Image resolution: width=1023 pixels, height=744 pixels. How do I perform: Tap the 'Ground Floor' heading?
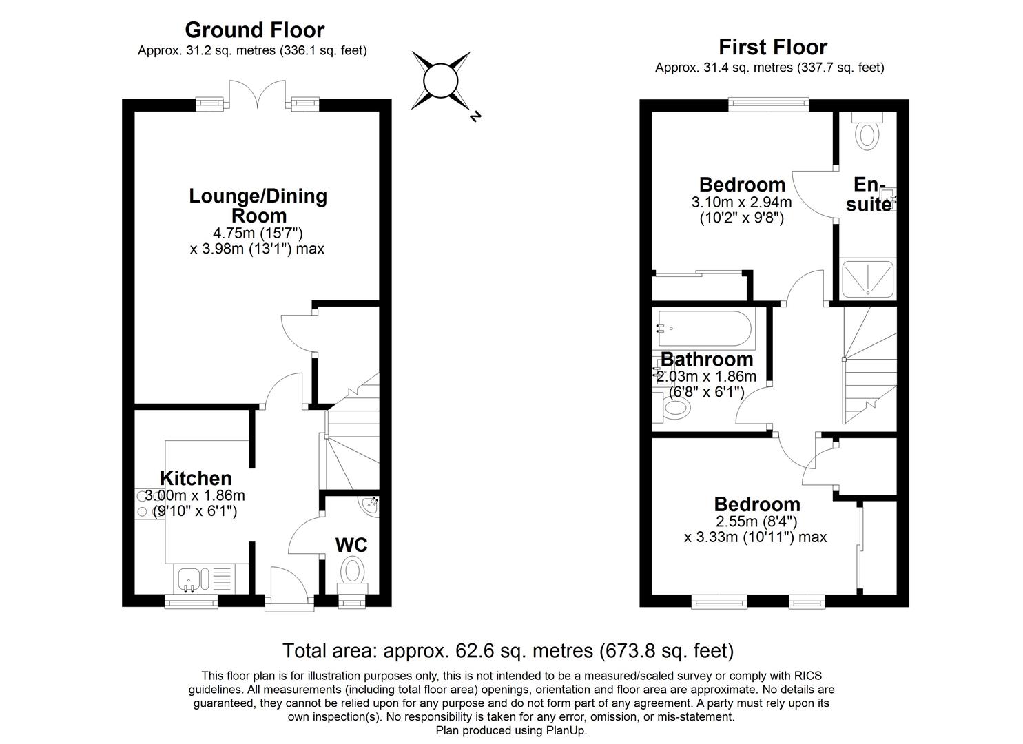(254, 30)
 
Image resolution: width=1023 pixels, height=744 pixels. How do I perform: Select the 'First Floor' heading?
(772, 47)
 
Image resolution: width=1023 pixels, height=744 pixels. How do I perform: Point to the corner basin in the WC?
(371, 504)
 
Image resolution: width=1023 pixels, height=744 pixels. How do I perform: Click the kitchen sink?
(188, 578)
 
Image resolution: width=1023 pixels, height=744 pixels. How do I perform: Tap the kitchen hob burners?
(143, 504)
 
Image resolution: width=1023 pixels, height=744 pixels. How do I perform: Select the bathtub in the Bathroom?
(703, 329)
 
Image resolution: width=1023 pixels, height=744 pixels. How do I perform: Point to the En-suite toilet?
(867, 131)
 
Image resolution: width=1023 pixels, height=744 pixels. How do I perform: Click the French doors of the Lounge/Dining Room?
(257, 94)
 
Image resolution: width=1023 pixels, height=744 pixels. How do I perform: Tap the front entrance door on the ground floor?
(289, 589)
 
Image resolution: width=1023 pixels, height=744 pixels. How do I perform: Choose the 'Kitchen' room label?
(196, 478)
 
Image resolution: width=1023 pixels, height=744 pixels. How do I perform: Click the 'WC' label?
(351, 545)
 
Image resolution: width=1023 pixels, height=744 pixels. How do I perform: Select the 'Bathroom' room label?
(707, 359)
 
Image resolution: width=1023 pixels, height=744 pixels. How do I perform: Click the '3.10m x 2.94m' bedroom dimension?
(741, 203)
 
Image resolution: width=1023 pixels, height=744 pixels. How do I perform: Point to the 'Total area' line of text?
(508, 650)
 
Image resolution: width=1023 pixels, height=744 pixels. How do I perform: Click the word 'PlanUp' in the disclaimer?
(566, 731)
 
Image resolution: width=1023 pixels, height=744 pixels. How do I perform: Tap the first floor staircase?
(869, 365)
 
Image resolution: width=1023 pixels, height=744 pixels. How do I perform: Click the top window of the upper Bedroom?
(768, 105)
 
